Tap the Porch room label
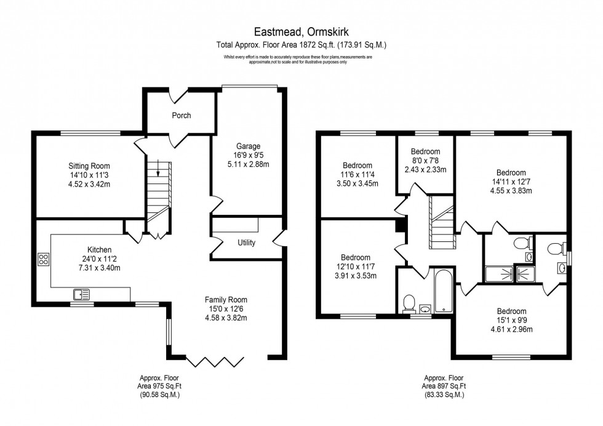[181, 115]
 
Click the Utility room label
[246, 243]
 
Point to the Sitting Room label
[89, 166]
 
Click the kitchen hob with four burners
[44, 259]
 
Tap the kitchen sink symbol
[81, 294]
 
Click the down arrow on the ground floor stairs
[159, 169]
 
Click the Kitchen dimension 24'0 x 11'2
[99, 259]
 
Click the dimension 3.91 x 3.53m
[356, 275]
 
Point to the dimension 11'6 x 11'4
[357, 174]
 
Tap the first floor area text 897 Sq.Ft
[444, 387]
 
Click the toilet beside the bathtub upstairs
[409, 302]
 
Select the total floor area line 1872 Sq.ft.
[301, 44]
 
